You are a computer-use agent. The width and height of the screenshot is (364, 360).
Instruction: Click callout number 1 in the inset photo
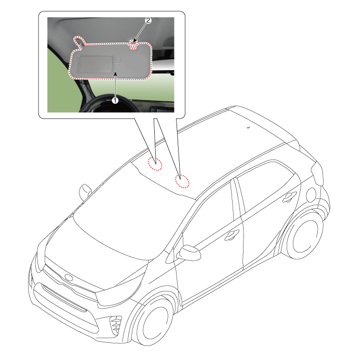115,100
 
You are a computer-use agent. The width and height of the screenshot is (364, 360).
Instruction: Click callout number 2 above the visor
148,20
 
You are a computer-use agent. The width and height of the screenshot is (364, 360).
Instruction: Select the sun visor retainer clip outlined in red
133,44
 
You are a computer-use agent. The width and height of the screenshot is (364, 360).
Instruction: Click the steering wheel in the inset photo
109,103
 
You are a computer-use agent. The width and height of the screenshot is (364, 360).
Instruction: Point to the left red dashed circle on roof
155,164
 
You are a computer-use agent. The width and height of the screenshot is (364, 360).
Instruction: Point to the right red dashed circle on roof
182,181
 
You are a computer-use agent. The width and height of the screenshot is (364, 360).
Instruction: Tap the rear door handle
289,196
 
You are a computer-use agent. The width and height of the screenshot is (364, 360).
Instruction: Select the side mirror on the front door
188,252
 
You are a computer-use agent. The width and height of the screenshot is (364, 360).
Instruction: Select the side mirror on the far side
85,192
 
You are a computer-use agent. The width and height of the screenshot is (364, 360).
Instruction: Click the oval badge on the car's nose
69,277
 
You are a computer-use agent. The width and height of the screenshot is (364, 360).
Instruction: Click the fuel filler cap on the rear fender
311,195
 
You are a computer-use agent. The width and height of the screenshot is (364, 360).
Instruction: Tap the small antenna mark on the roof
248,127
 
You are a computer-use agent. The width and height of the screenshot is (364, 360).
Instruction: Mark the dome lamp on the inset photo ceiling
169,43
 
